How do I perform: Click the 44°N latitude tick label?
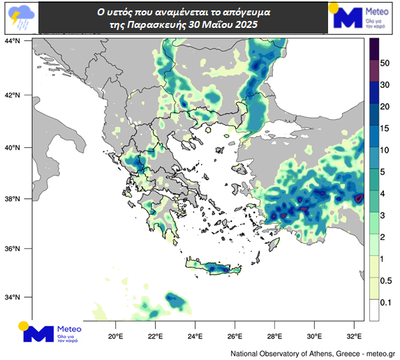(x=13, y=42)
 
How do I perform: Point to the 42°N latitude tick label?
(x=13, y=95)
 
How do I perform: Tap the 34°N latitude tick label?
(x=13, y=297)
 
